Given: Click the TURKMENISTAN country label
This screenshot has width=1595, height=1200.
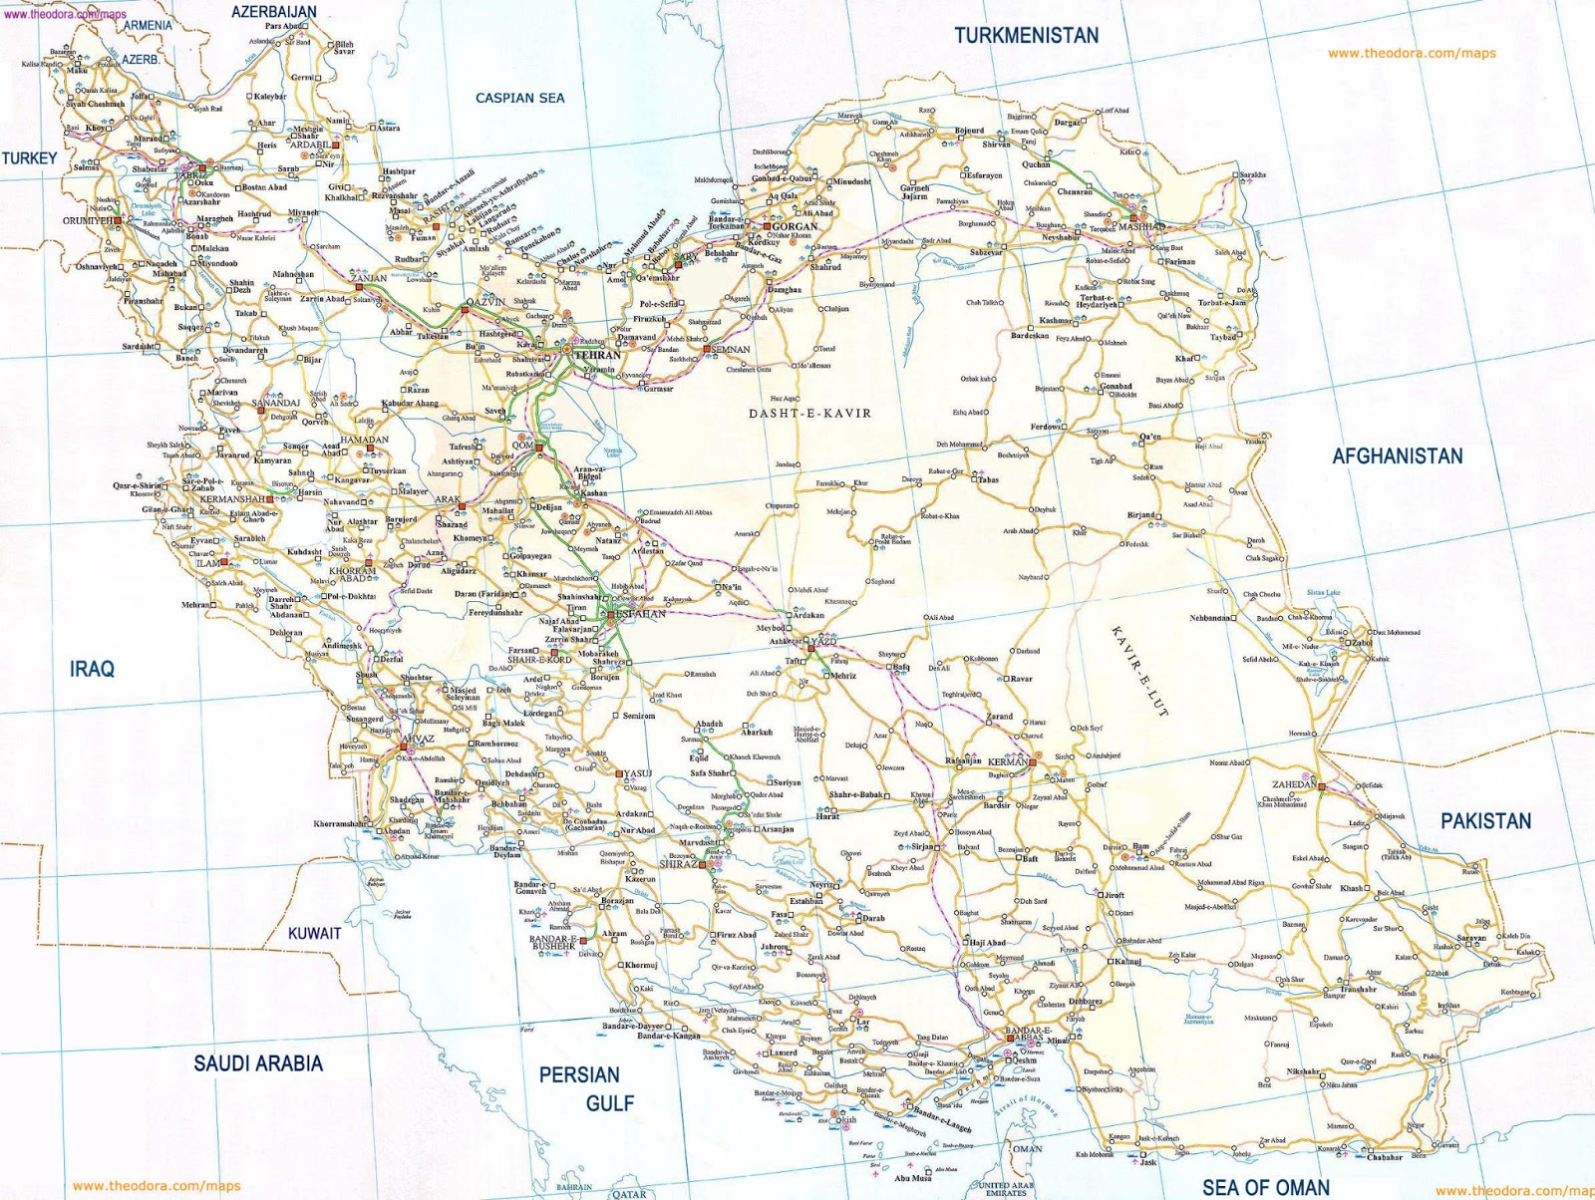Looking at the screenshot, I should point(1026,36).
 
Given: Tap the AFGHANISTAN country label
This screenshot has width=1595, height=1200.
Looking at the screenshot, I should point(1397,456).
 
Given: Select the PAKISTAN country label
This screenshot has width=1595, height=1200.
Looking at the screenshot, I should point(1484,821).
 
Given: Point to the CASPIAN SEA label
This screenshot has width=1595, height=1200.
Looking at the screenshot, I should point(519,98).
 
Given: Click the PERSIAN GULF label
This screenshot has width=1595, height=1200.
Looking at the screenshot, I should point(580,1088).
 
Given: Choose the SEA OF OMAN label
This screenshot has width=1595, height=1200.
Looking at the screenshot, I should point(1265,1187).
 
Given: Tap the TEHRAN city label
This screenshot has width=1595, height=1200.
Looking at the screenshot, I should point(597,355).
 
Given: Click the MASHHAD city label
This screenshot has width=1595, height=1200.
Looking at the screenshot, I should point(1141,227).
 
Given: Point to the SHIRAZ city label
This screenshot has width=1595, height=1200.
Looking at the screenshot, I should point(678,864).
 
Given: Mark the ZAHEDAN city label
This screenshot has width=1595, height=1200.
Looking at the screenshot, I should point(1293,784).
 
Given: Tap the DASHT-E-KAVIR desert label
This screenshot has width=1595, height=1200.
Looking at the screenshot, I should point(809,413).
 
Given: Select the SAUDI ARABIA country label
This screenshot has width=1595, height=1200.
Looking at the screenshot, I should point(258,1063).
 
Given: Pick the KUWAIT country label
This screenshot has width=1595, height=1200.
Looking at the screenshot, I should point(314,934).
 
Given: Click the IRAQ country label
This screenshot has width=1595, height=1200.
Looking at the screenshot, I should point(92,669).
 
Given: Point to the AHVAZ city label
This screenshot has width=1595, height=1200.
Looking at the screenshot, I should point(416,740).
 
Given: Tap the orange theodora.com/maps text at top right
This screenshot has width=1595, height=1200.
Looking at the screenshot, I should point(1411,54).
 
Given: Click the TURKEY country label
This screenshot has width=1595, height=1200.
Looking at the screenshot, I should point(29,157).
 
